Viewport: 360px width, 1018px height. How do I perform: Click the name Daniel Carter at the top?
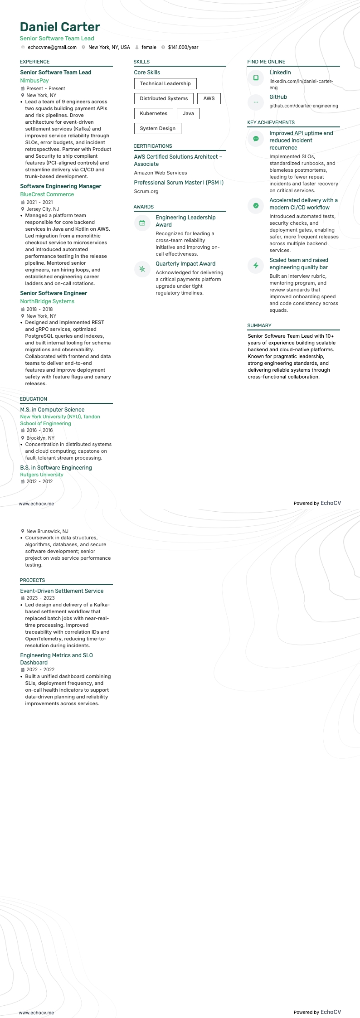tap(60, 27)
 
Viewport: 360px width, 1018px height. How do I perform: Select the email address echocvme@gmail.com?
tap(52, 47)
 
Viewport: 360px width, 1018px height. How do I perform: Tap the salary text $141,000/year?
tap(183, 47)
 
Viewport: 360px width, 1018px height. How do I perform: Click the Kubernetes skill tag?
tap(153, 113)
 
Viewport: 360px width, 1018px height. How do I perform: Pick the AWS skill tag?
tap(209, 98)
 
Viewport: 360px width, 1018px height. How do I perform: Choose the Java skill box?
tap(188, 113)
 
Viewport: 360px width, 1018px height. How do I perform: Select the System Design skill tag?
tap(157, 128)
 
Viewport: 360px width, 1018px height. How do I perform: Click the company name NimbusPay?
tap(34, 80)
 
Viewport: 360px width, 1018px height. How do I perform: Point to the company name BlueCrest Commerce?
tap(47, 194)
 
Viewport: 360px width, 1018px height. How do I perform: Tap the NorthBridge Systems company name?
tap(47, 301)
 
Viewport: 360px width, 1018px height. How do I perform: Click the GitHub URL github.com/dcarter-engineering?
tap(304, 106)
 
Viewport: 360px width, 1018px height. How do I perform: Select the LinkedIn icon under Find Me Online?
tap(256, 78)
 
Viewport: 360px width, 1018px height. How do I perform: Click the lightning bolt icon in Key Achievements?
tap(256, 265)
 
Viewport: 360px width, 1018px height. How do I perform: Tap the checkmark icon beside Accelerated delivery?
tap(256, 205)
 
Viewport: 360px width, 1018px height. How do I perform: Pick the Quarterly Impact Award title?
tap(185, 263)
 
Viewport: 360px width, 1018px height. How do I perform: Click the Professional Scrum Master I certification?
tap(179, 182)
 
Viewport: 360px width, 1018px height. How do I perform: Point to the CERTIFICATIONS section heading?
tap(153, 146)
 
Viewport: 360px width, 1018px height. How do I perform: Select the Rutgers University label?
tap(42, 475)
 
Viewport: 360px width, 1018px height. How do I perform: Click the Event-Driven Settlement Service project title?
tap(62, 591)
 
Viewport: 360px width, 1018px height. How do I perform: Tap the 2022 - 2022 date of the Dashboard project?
tap(40, 669)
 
